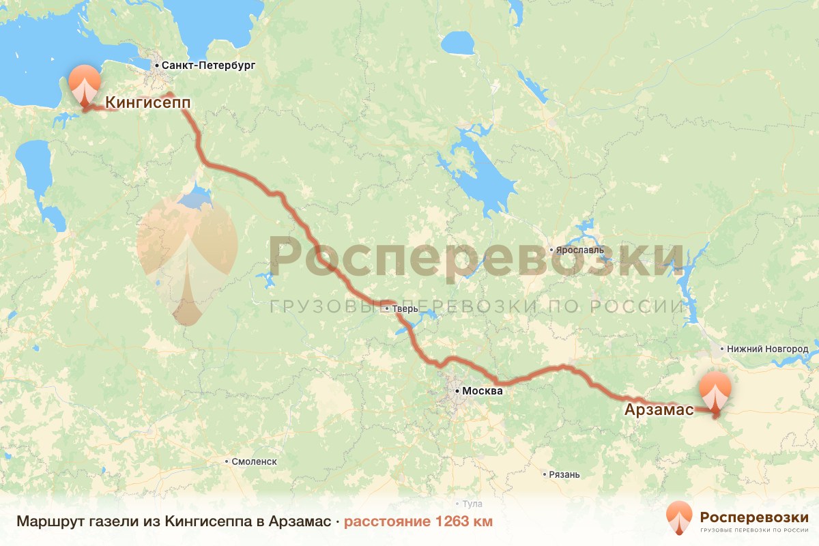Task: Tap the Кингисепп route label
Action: click(x=147, y=102)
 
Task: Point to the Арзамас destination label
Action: click(x=659, y=409)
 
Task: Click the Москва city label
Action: click(x=482, y=391)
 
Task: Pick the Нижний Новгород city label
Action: click(x=768, y=349)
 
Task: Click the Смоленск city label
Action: click(x=254, y=461)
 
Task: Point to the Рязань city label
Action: click(x=564, y=474)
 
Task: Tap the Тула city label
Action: click(x=472, y=504)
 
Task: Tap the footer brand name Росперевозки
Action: click(x=754, y=515)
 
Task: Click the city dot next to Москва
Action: click(x=457, y=391)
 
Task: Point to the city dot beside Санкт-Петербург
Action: click(x=157, y=66)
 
